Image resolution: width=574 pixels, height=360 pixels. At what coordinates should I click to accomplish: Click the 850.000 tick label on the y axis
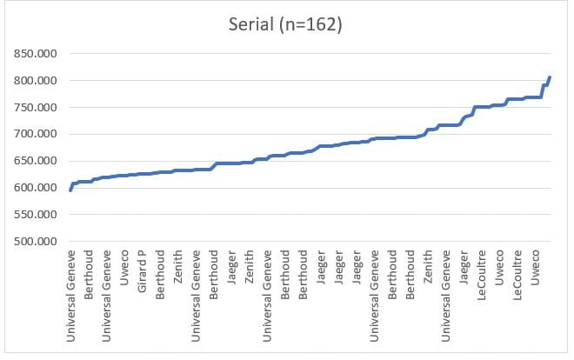point(32,54)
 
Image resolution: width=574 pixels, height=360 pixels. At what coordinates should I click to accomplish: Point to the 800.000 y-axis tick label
point(32,81)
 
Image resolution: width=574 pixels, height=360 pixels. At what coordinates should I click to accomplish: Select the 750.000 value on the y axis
point(32,108)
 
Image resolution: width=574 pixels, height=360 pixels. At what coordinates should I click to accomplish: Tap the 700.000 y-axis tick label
point(32,135)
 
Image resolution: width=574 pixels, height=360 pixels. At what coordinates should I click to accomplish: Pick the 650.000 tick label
point(32,162)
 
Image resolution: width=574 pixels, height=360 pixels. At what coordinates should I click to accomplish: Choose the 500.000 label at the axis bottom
point(32,242)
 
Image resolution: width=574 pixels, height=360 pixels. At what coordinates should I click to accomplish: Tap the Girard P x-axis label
point(142,274)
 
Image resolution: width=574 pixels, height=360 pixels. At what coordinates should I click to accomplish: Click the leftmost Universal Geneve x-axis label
point(71,296)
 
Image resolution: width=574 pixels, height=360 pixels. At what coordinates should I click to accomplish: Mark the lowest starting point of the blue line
point(70,189)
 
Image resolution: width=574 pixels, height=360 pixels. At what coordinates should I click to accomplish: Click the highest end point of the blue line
point(550,77)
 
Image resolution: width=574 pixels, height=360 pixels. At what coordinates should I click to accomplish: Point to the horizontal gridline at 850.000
point(304,54)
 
